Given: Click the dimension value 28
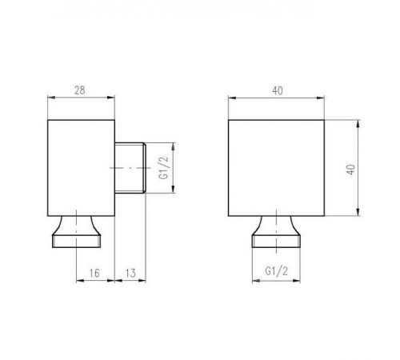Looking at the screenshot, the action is point(80,90).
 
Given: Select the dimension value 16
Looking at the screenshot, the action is point(94,273).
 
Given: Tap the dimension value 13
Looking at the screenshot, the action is point(130,273).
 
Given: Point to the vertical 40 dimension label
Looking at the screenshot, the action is point(351,170).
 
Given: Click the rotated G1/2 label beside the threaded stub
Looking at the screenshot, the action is point(164,168).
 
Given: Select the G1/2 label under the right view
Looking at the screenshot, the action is point(277,271).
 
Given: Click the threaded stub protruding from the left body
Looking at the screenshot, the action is point(130,168).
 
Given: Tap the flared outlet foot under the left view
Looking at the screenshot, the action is point(76,232).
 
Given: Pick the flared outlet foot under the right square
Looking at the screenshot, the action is point(276,232).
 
